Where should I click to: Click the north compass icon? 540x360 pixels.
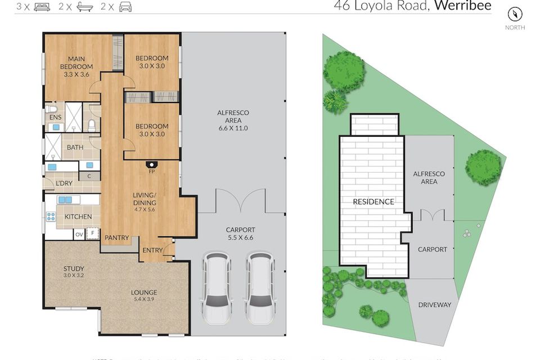(x=515, y=15)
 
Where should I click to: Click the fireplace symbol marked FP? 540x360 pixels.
(x=151, y=165)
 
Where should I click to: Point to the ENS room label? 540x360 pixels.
(x=55, y=118)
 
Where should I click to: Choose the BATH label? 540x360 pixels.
(x=75, y=147)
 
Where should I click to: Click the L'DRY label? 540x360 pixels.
(x=63, y=184)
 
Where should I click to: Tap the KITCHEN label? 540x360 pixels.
(x=78, y=217)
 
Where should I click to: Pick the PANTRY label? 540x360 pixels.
(x=117, y=238)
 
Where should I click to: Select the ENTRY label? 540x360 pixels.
(x=152, y=250)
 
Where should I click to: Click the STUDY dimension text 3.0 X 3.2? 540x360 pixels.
(x=73, y=276)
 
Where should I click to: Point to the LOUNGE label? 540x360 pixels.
(x=144, y=292)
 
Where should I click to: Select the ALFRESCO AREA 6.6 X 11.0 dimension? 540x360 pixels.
(x=233, y=128)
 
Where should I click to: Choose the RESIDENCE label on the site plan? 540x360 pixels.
(x=373, y=201)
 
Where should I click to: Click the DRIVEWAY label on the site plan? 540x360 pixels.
(x=435, y=305)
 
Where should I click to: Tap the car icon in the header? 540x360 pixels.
(x=125, y=7)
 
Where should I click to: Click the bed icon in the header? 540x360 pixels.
(x=42, y=7)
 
